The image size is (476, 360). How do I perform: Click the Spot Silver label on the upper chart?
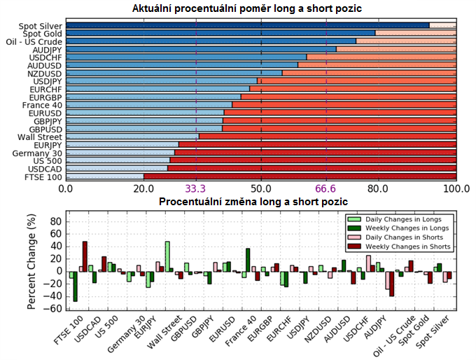point(40,26)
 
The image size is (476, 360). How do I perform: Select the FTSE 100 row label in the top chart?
point(43,177)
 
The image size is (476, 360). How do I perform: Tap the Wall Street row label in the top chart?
point(41,137)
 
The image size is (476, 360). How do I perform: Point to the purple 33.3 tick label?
point(196,188)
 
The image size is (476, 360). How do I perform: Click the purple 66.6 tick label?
point(326,188)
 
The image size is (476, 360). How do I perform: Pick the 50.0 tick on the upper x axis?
point(261,188)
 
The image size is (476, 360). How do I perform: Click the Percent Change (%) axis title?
point(31,260)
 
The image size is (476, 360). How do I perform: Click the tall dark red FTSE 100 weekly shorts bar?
point(85,256)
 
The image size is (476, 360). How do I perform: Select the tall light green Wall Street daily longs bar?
point(167,256)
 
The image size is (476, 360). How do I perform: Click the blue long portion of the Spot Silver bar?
point(245,26)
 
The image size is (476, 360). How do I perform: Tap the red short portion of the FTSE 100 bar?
point(301,177)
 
